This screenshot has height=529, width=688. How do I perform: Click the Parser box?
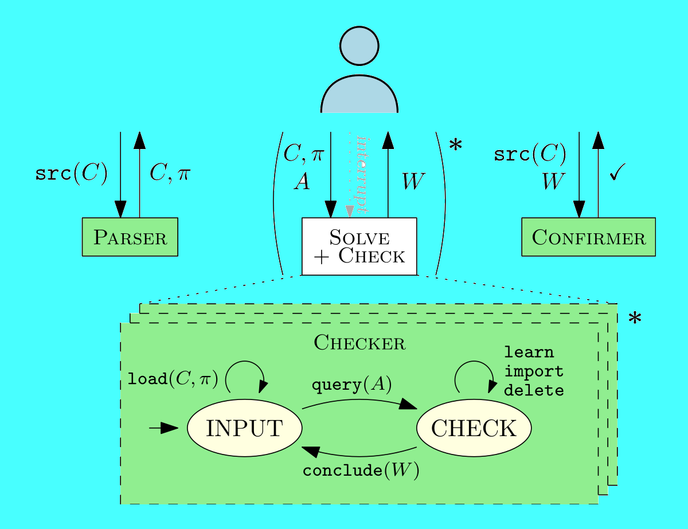click(130, 237)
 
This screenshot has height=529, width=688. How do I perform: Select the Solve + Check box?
click(359, 246)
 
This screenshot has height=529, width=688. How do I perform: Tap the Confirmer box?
click(588, 237)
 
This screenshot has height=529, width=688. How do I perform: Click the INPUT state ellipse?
click(245, 428)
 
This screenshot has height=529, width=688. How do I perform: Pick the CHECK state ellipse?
click(474, 428)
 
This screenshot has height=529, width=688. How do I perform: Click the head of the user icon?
click(359, 45)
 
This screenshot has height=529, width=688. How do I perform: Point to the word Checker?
click(359, 343)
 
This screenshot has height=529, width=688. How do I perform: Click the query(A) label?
click(351, 385)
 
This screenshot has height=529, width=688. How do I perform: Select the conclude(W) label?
click(361, 471)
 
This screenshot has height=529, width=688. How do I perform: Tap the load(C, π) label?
click(173, 379)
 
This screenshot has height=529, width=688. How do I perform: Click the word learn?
click(529, 352)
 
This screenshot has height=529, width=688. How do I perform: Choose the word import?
click(534, 371)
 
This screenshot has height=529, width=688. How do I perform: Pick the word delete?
click(534, 391)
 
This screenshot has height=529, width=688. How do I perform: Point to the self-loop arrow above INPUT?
click(245, 374)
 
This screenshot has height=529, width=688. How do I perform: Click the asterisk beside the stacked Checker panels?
click(635, 319)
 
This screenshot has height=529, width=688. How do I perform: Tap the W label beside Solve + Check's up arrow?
click(413, 182)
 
